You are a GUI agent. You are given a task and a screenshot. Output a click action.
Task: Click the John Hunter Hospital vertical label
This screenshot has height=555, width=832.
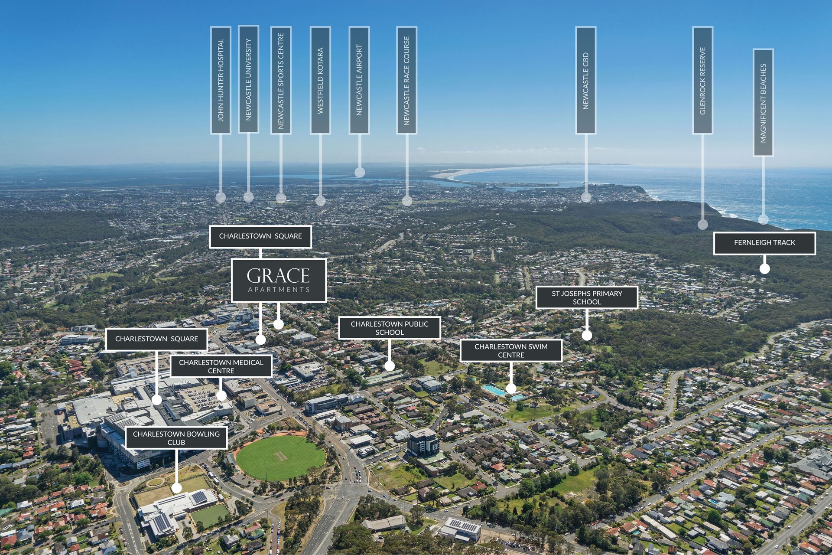click(221, 80)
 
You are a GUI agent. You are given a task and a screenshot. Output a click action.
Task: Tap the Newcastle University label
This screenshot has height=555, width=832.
click(248, 79)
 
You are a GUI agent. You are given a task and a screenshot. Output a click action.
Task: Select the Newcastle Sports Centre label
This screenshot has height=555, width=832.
click(281, 80)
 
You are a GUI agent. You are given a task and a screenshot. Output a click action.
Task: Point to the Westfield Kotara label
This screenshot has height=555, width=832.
click(320, 80)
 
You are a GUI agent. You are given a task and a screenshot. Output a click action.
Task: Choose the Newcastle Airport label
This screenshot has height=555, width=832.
click(359, 80)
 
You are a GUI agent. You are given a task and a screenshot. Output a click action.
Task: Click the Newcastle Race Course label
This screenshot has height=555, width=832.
click(406, 80)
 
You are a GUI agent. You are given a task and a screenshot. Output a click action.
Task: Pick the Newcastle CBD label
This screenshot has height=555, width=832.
click(586, 80)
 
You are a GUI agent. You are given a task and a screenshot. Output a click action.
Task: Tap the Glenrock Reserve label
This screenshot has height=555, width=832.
click(702, 80)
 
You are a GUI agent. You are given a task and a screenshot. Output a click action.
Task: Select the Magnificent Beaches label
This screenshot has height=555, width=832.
click(763, 102)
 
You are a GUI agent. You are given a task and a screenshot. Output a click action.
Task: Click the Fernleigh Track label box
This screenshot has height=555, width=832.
click(764, 243)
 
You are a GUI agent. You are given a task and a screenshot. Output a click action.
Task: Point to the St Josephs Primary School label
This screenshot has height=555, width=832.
click(587, 297)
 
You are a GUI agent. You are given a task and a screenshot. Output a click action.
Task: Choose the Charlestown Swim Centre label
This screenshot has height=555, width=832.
click(511, 351)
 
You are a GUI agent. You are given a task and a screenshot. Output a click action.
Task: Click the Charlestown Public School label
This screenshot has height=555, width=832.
click(389, 328)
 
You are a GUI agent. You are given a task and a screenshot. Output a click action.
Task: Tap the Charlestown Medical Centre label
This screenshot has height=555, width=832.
click(221, 366)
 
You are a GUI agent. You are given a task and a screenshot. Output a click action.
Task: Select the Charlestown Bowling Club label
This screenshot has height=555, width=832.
click(176, 438)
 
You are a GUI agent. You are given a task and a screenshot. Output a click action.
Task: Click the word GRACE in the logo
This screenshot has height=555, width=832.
click(278, 276)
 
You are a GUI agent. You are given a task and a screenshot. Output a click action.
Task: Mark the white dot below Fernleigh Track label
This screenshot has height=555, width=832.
click(764, 268)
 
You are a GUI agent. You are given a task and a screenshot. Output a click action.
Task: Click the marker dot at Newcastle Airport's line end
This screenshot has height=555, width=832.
click(360, 173)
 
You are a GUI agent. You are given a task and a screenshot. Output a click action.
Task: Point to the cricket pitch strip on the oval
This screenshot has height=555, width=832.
click(280, 456)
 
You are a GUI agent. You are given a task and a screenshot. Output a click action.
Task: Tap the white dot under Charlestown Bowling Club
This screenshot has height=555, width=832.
click(176, 488)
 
